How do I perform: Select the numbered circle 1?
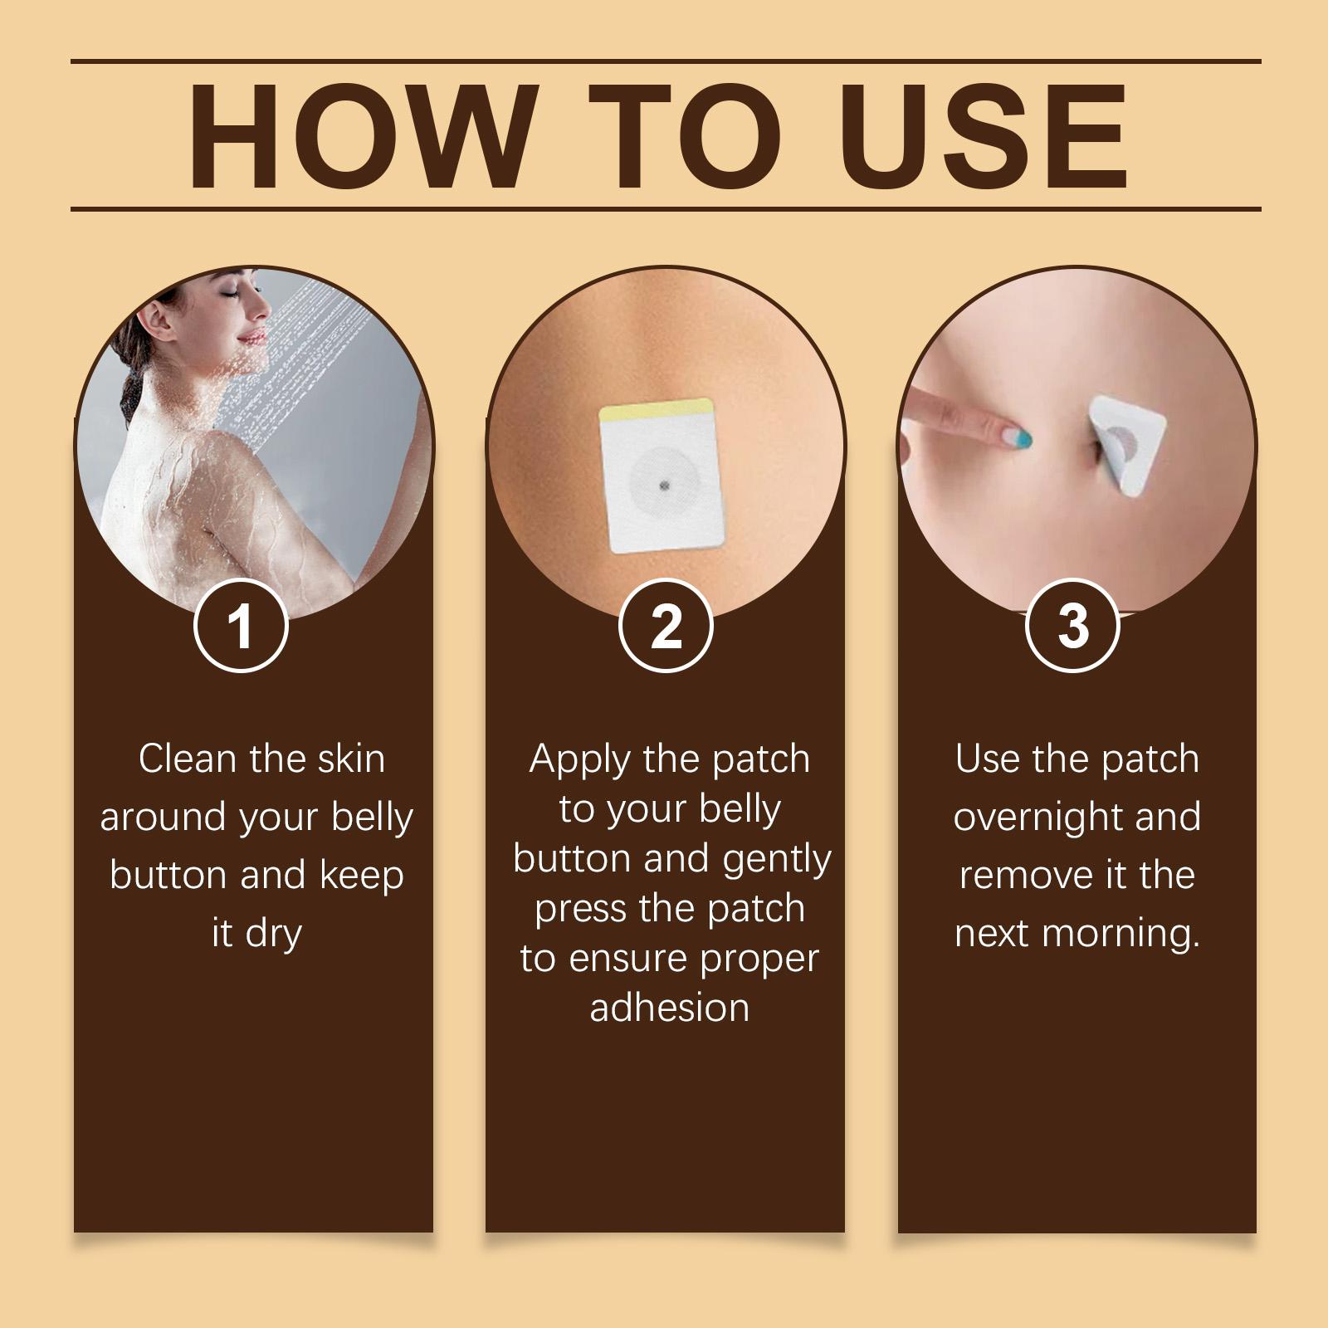(241, 625)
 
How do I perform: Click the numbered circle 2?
(666, 625)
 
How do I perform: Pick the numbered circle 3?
(1073, 625)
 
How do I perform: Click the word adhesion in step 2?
(670, 1008)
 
